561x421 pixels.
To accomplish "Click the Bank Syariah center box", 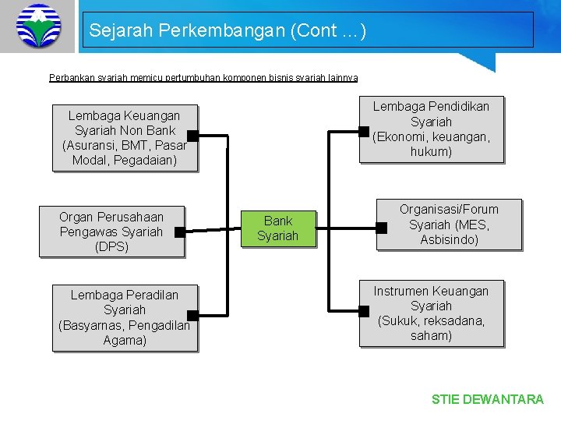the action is pyautogui.click(x=278, y=228).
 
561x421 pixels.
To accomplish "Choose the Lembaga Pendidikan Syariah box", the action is pyautogui.click(x=431, y=129).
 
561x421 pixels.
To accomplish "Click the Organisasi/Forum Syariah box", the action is pyautogui.click(x=449, y=225).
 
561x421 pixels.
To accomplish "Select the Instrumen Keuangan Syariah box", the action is pyautogui.click(x=431, y=313).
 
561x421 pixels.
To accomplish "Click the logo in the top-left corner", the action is pyautogui.click(x=37, y=26).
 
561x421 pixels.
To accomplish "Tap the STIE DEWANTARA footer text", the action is pyautogui.click(x=488, y=399).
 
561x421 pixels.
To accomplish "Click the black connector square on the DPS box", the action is pyautogui.click(x=179, y=232).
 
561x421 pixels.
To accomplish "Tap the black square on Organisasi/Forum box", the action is pyautogui.click(x=381, y=228).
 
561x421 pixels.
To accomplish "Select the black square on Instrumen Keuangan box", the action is pyautogui.click(x=363, y=311).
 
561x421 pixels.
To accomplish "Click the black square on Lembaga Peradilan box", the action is pyautogui.click(x=192, y=316).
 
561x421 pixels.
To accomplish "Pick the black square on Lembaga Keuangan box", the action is pyautogui.click(x=192, y=136).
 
